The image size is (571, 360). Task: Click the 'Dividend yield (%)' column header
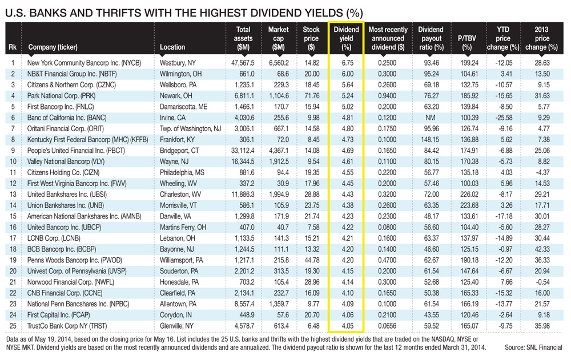pyautogui.click(x=346, y=38)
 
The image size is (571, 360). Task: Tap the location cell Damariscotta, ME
pyautogui.click(x=183, y=106)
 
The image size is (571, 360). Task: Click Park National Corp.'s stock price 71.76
pyautogui.click(x=311, y=95)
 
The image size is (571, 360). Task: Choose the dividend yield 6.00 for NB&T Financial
pyautogui.click(x=346, y=74)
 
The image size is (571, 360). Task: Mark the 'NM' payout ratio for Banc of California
pyautogui.click(x=431, y=118)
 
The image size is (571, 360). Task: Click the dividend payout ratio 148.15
pyautogui.click(x=431, y=140)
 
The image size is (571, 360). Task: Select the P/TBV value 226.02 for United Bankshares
pyautogui.click(x=468, y=195)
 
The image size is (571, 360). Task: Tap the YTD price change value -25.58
pyautogui.click(x=504, y=118)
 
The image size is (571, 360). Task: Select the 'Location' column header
pyautogui.click(x=172, y=47)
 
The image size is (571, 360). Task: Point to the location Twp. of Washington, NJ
pyautogui.click(x=190, y=128)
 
